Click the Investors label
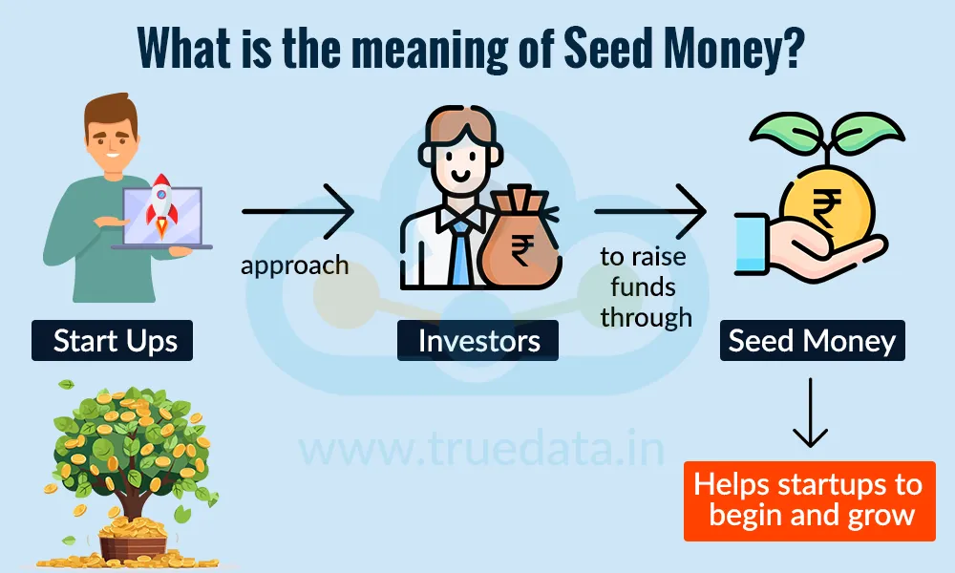[x=478, y=341]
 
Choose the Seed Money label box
[x=812, y=341]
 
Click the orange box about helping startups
[x=809, y=499]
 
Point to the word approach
[x=294, y=265]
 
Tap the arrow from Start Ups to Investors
[x=297, y=212]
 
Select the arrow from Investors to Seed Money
[x=649, y=212]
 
